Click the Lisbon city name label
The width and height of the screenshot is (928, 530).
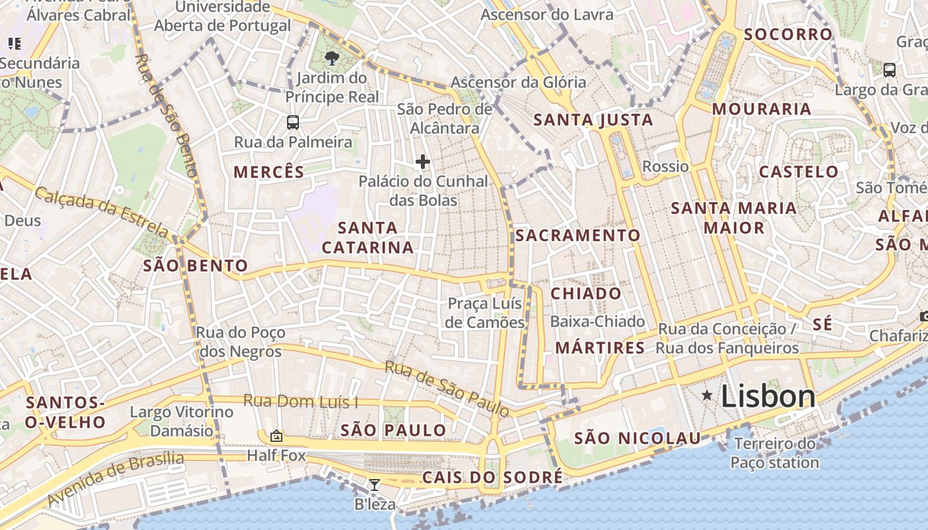(768, 396)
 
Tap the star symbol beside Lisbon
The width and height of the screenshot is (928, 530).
(707, 396)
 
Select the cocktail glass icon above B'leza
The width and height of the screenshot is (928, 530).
(375, 485)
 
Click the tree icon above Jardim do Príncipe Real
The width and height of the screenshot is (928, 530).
(332, 58)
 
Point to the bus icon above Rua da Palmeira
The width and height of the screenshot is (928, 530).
(292, 123)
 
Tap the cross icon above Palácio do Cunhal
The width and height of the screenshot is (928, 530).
(422, 162)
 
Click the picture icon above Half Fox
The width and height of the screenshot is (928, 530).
(276, 436)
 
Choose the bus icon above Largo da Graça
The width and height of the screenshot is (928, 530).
(890, 70)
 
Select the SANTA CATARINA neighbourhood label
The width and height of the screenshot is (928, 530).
(368, 238)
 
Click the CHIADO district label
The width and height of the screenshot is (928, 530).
(587, 293)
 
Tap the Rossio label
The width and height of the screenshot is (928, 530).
(666, 166)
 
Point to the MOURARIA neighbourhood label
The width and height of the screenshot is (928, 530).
(762, 109)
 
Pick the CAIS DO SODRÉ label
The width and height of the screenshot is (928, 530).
(493, 477)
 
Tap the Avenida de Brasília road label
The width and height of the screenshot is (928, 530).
(116, 478)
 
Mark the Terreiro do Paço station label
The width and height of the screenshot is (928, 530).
(775, 453)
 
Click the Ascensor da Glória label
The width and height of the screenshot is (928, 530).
(518, 82)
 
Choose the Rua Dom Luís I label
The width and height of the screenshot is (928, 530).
(300, 401)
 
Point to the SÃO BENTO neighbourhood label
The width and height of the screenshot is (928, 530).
(196, 266)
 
